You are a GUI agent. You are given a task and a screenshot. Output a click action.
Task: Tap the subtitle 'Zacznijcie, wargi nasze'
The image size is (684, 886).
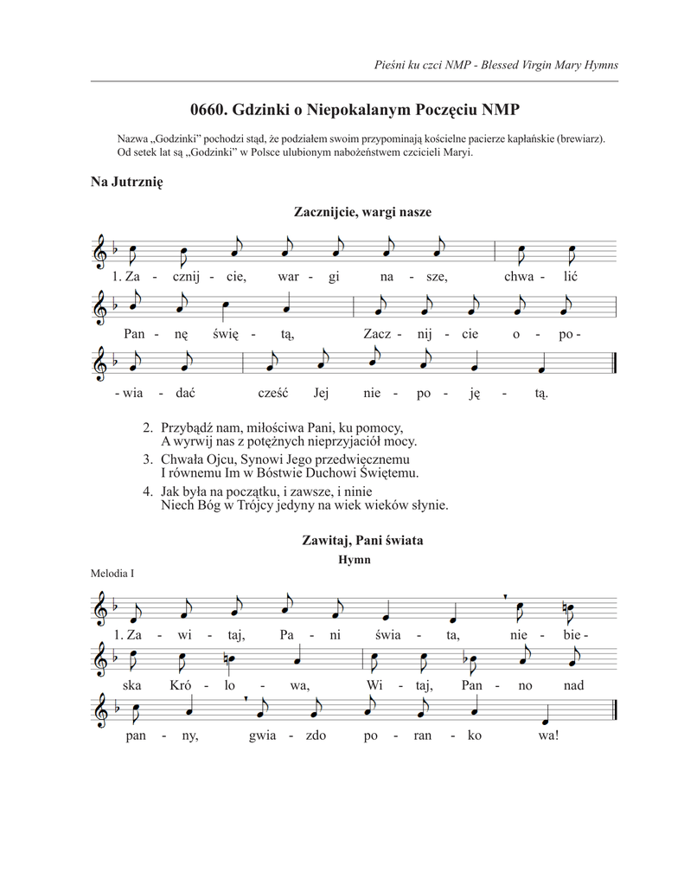[362, 212]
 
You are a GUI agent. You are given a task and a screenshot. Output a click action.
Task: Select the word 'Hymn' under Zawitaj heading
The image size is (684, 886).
[355, 560]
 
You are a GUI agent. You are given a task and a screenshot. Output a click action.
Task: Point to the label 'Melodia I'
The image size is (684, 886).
[112, 574]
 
